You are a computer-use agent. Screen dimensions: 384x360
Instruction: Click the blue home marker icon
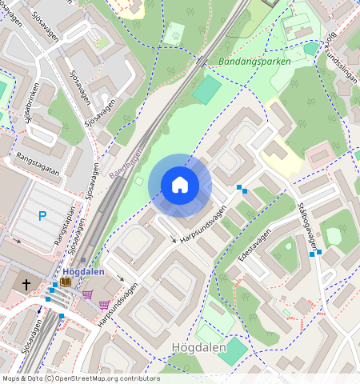[180, 185]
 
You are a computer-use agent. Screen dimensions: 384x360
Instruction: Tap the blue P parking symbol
[42, 215]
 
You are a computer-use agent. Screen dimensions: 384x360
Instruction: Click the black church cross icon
[26, 284]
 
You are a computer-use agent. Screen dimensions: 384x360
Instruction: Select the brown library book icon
[65, 282]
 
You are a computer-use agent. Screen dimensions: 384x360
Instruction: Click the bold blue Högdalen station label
[84, 271]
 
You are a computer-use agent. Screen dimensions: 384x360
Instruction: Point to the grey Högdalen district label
[200, 346]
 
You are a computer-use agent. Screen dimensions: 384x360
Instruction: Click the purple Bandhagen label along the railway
[125, 161]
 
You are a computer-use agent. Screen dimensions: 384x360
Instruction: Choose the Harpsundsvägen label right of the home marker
[202, 223]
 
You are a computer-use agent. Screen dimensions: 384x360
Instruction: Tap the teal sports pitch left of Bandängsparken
[206, 89]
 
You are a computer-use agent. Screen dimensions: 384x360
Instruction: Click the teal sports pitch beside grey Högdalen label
[233, 349]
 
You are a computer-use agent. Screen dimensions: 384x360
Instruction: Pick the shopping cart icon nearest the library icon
[87, 294]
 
